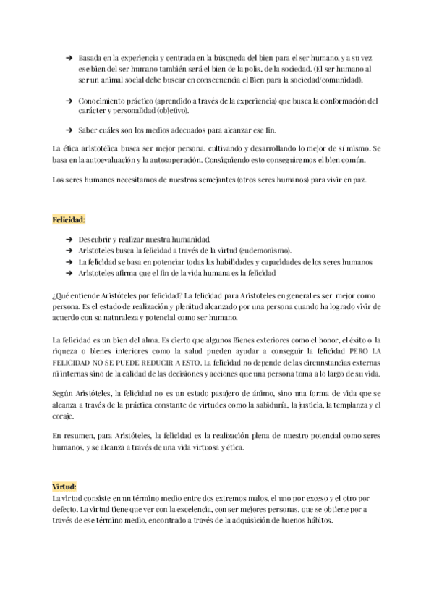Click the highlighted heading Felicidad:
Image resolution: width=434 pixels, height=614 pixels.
click(69, 218)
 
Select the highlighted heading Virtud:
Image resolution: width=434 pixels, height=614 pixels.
click(64, 487)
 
